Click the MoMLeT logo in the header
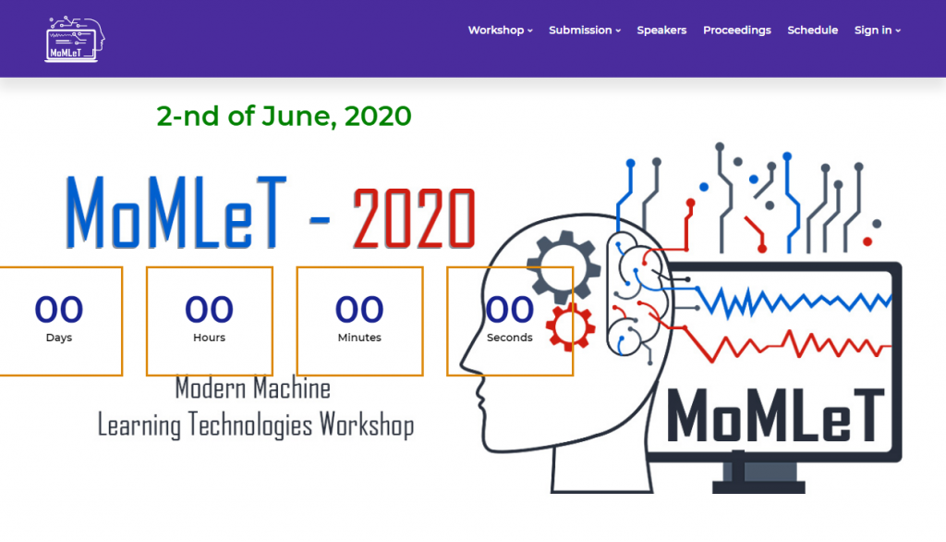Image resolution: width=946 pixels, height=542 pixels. pos(75,39)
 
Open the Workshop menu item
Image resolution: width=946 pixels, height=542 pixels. pos(500,31)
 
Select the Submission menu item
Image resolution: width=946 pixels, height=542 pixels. pos(585,31)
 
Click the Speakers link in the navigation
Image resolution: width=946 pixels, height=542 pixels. pos(661,31)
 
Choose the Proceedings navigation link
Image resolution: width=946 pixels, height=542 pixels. pos(736,31)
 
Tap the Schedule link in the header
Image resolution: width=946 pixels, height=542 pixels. pos(812,31)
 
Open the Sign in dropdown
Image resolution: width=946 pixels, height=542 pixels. pos(878,31)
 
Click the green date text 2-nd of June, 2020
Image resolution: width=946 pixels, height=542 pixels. pos(284,116)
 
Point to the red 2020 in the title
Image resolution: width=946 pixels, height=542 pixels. pos(414,218)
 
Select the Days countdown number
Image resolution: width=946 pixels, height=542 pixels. pos(58,309)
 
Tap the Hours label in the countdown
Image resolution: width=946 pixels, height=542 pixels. pos(209,338)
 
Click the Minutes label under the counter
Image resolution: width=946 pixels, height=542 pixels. pos(359,338)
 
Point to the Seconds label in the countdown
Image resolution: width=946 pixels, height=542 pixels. pos(509,338)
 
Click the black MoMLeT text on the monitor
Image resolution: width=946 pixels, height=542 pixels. pos(775,415)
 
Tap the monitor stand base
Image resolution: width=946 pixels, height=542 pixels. pos(758,487)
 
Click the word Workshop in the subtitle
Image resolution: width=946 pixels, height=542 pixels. pos(366,425)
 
